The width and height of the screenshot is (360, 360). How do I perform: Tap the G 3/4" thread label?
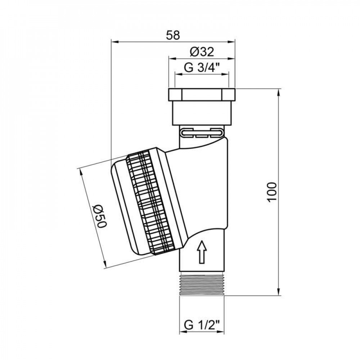pos(202,68)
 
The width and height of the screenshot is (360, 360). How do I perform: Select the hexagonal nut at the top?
pos(202,95)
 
